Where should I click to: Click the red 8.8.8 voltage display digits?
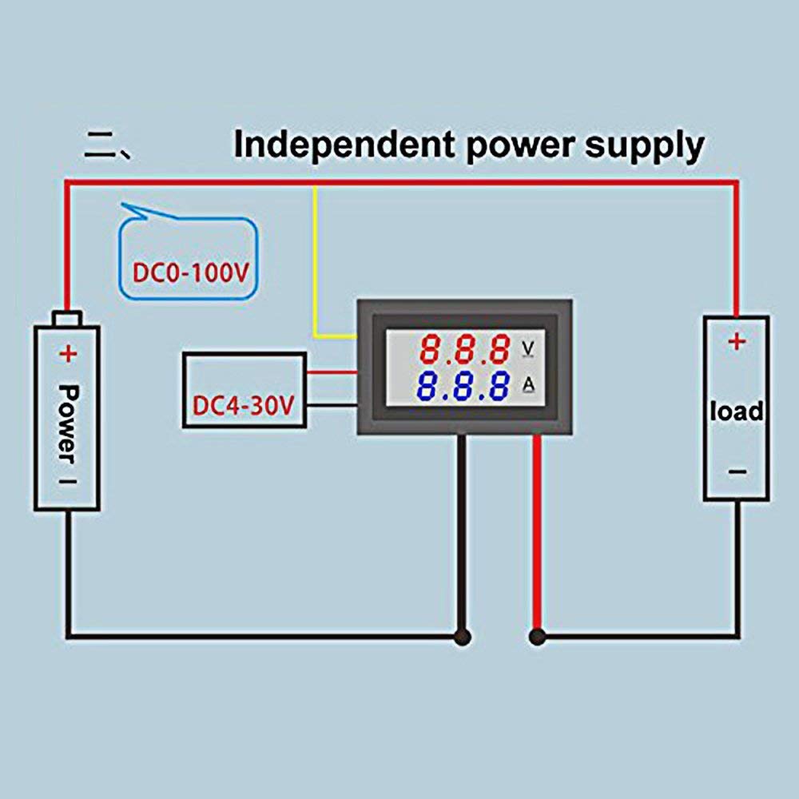coord(465,349)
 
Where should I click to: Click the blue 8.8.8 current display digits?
coord(465,388)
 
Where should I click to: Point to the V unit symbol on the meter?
coord(528,348)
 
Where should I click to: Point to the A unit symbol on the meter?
coord(528,387)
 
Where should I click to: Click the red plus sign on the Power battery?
coord(69,352)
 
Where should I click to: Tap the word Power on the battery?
coord(69,423)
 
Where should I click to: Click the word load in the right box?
coord(736,411)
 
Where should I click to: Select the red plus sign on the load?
coord(736,342)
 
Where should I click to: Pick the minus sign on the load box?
coord(736,471)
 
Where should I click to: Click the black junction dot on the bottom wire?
coord(461,637)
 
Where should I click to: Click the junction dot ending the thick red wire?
coord(537,637)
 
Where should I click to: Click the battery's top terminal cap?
coord(68,317)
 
